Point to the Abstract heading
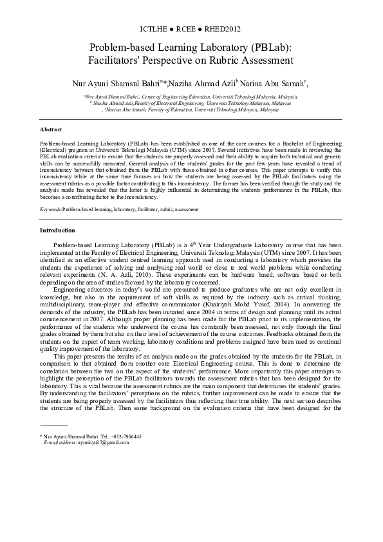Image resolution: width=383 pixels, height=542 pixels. point(51,129)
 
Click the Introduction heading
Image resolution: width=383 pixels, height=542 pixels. point(57,230)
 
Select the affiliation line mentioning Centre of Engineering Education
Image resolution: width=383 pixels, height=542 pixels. point(191,96)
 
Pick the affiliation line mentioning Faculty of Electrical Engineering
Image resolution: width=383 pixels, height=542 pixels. point(191,103)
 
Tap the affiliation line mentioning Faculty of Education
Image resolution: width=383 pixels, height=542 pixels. point(191,110)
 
